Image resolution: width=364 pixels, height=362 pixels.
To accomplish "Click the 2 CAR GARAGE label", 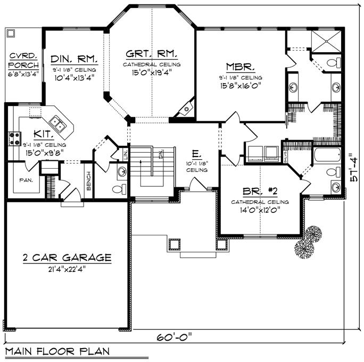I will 67,258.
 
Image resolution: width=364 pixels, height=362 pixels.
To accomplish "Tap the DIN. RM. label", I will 73,59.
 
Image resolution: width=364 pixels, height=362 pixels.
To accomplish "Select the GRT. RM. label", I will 152,54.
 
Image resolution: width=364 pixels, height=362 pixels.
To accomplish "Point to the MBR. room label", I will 241,67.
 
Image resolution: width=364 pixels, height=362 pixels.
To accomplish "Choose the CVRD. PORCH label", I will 23,60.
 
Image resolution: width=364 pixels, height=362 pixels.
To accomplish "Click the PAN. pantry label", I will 26,180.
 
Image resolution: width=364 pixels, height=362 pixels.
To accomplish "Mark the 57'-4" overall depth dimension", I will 353,168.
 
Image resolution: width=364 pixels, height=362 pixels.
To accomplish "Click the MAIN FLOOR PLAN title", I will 57,351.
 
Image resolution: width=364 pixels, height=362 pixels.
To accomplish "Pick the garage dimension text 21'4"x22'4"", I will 67,269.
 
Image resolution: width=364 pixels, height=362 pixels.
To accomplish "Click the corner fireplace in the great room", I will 185,110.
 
